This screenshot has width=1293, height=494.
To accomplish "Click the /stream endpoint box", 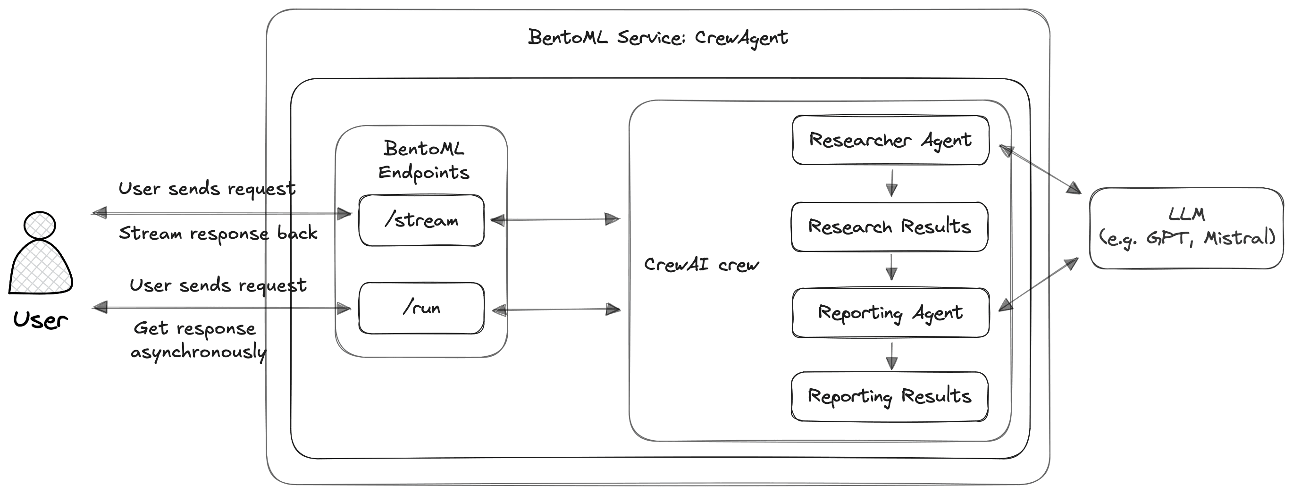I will coord(421,220).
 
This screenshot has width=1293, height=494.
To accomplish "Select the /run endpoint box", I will coord(421,308).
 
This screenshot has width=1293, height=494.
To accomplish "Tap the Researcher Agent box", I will coord(890,140).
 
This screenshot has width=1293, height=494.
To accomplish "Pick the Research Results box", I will coord(889,227).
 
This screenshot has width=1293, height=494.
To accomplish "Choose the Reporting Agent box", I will coord(890,313).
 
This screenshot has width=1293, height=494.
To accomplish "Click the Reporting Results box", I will coord(889,396).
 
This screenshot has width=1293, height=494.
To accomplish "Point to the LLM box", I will coord(1186,228).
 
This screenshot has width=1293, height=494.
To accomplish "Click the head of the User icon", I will coord(40,226).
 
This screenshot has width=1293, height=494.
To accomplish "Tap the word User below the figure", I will coord(40,320).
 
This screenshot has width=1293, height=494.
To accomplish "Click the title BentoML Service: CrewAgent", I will coord(657,38).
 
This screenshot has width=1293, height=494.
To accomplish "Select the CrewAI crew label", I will coord(701,265).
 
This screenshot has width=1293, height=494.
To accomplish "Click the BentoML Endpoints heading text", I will coord(423,160).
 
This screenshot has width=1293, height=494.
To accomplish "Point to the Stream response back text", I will coord(218,234).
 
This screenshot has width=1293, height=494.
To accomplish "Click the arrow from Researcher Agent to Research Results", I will coord(891,183).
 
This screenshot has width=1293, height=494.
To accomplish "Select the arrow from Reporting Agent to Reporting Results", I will coord(891,355).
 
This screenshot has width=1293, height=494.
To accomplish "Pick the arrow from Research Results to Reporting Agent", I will coord(891,267).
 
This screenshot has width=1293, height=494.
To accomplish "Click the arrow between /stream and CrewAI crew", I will coord(555,219).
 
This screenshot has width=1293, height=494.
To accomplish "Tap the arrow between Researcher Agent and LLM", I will coord(1040,169).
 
